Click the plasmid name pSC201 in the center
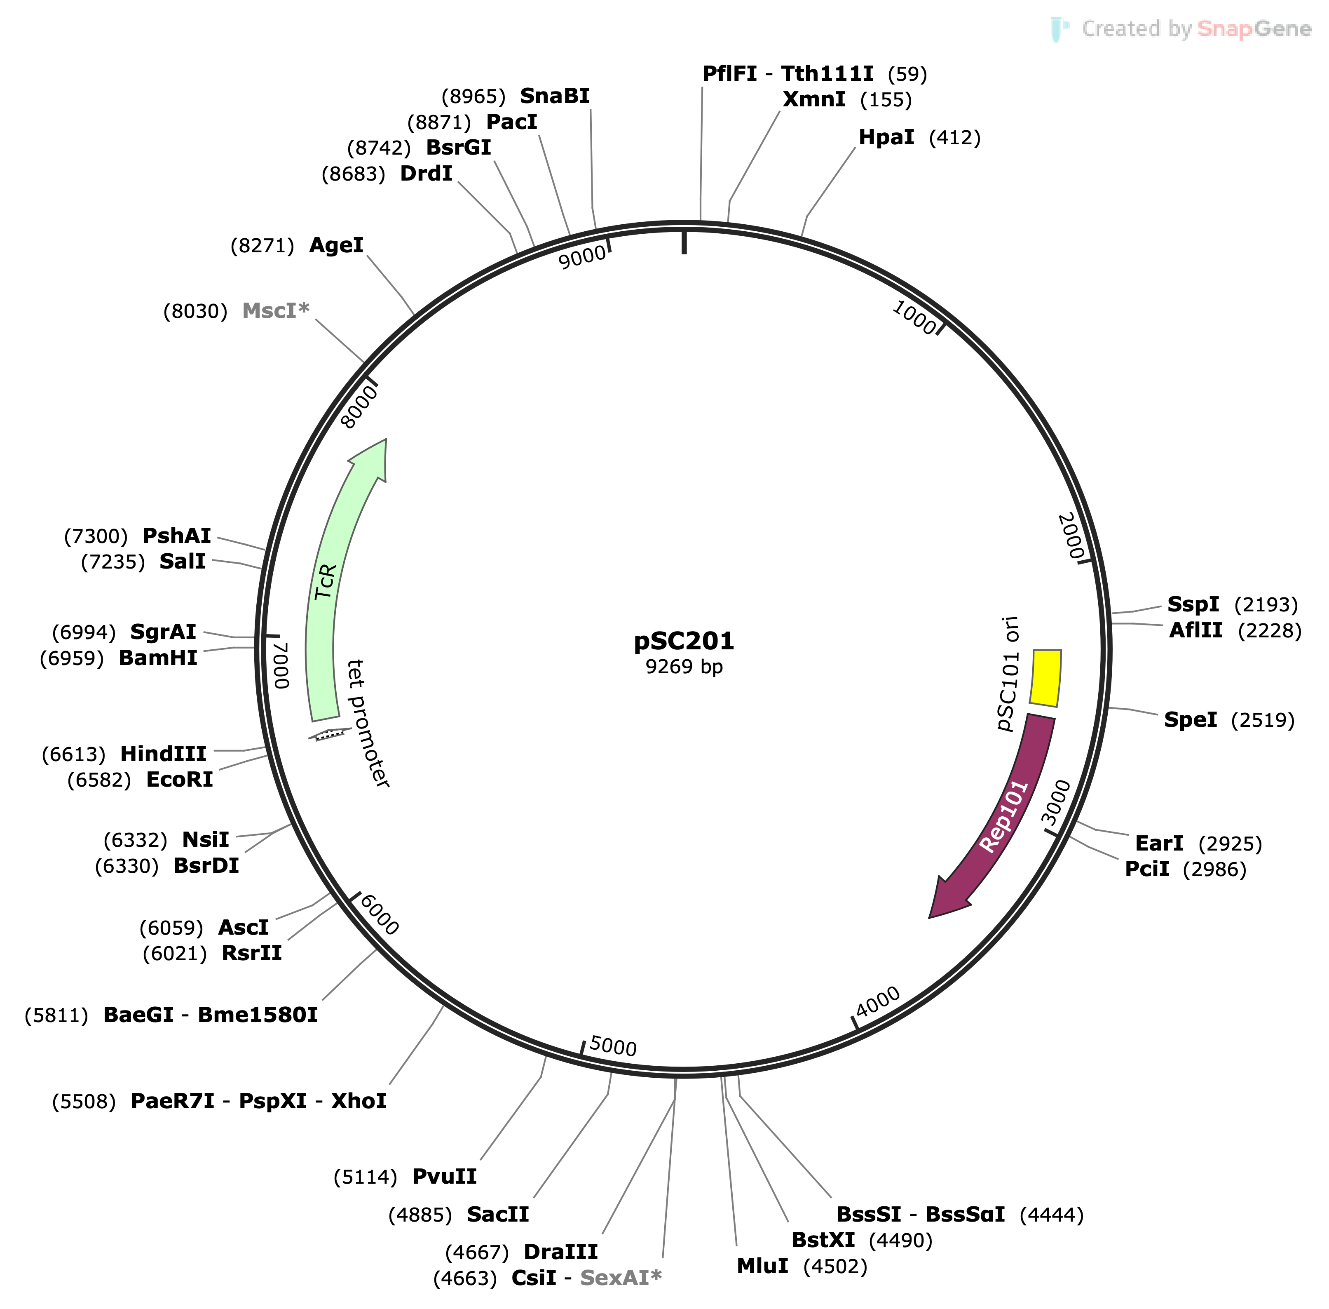(683, 641)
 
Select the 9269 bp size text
(683, 667)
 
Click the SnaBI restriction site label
(555, 96)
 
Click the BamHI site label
(158, 658)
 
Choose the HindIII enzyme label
(164, 754)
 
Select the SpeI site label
(1190, 720)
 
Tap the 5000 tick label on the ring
(613, 1046)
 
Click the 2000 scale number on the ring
(1071, 536)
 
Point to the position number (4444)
(1051, 1215)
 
